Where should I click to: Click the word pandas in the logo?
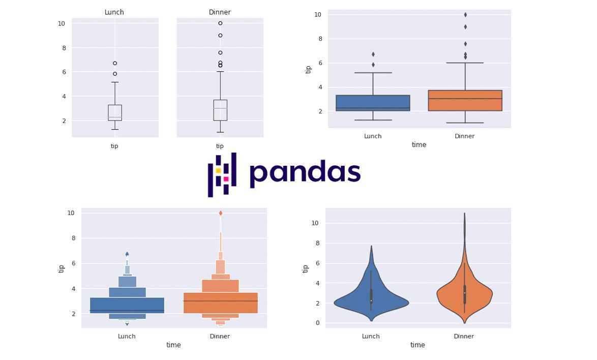pyautogui.click(x=305, y=172)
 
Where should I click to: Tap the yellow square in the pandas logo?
pyautogui.click(x=218, y=171)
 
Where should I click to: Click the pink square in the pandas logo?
pyautogui.click(x=226, y=179)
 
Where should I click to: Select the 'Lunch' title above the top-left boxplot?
pyautogui.click(x=114, y=12)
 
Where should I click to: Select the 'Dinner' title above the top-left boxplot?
pyautogui.click(x=220, y=12)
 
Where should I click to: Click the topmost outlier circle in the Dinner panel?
pyautogui.click(x=220, y=23)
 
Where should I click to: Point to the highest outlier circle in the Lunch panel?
pyautogui.click(x=115, y=63)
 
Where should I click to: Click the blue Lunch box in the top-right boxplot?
pyautogui.click(x=373, y=103)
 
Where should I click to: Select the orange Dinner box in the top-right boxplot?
pyautogui.click(x=465, y=101)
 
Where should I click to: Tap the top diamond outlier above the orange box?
pyautogui.click(x=465, y=15)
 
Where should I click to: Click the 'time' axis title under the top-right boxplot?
pyautogui.click(x=419, y=145)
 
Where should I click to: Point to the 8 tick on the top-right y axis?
pyautogui.click(x=317, y=39)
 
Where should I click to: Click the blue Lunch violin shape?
pyautogui.click(x=371, y=300)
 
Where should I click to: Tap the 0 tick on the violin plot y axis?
pyautogui.click(x=317, y=323)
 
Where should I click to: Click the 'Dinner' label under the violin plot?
pyautogui.click(x=464, y=336)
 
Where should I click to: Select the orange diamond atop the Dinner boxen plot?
pyautogui.click(x=220, y=213)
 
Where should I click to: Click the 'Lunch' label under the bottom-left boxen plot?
pyautogui.click(x=127, y=336)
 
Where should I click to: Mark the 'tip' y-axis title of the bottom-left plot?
pyautogui.click(x=62, y=268)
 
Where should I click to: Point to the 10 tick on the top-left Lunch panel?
pyautogui.click(x=61, y=23)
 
